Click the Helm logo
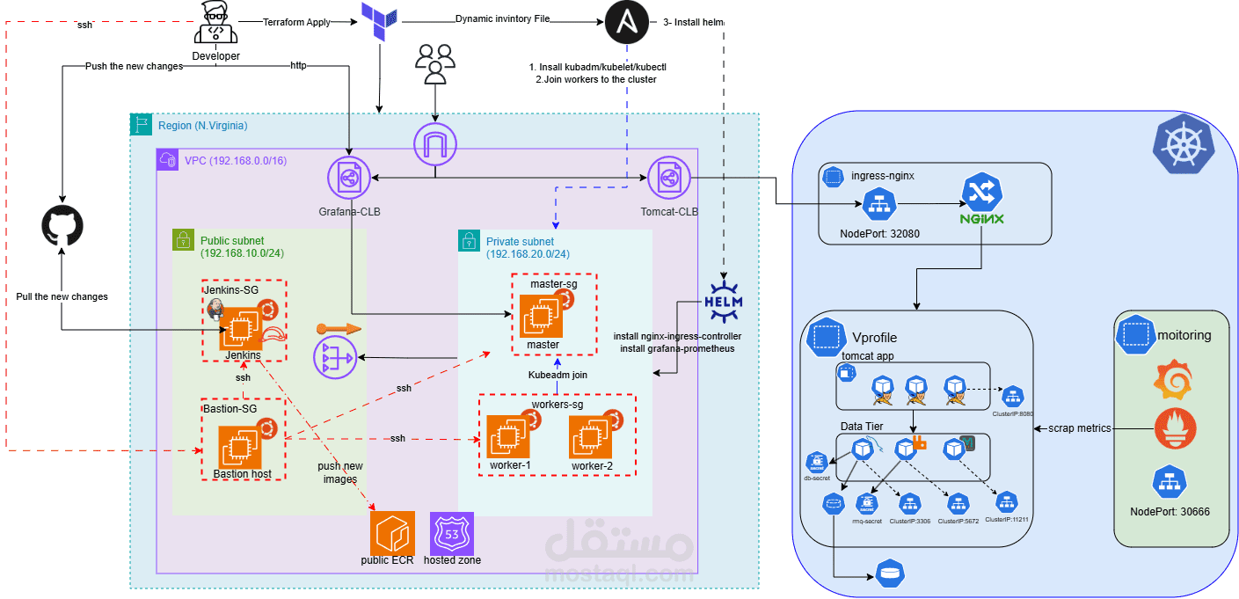tap(723, 302)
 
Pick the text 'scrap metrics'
tap(1081, 428)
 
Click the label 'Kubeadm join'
tap(557, 375)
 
